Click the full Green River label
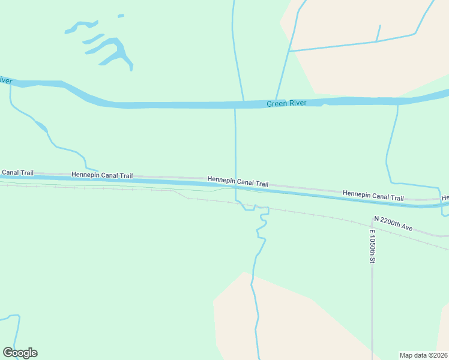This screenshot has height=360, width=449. (286, 103)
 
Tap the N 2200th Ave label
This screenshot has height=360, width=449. (394, 223)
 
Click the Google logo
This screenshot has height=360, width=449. (20, 353)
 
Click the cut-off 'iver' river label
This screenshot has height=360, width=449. (5, 80)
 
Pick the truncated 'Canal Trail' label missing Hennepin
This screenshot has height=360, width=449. (17, 172)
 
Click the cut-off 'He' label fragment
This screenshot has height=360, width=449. (445, 197)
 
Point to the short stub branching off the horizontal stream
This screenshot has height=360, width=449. (378, 33)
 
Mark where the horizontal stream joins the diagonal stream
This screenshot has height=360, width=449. (289, 51)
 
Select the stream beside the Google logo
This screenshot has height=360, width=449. (17, 330)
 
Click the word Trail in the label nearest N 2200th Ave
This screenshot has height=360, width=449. (394, 197)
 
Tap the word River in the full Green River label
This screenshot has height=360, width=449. (297, 103)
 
